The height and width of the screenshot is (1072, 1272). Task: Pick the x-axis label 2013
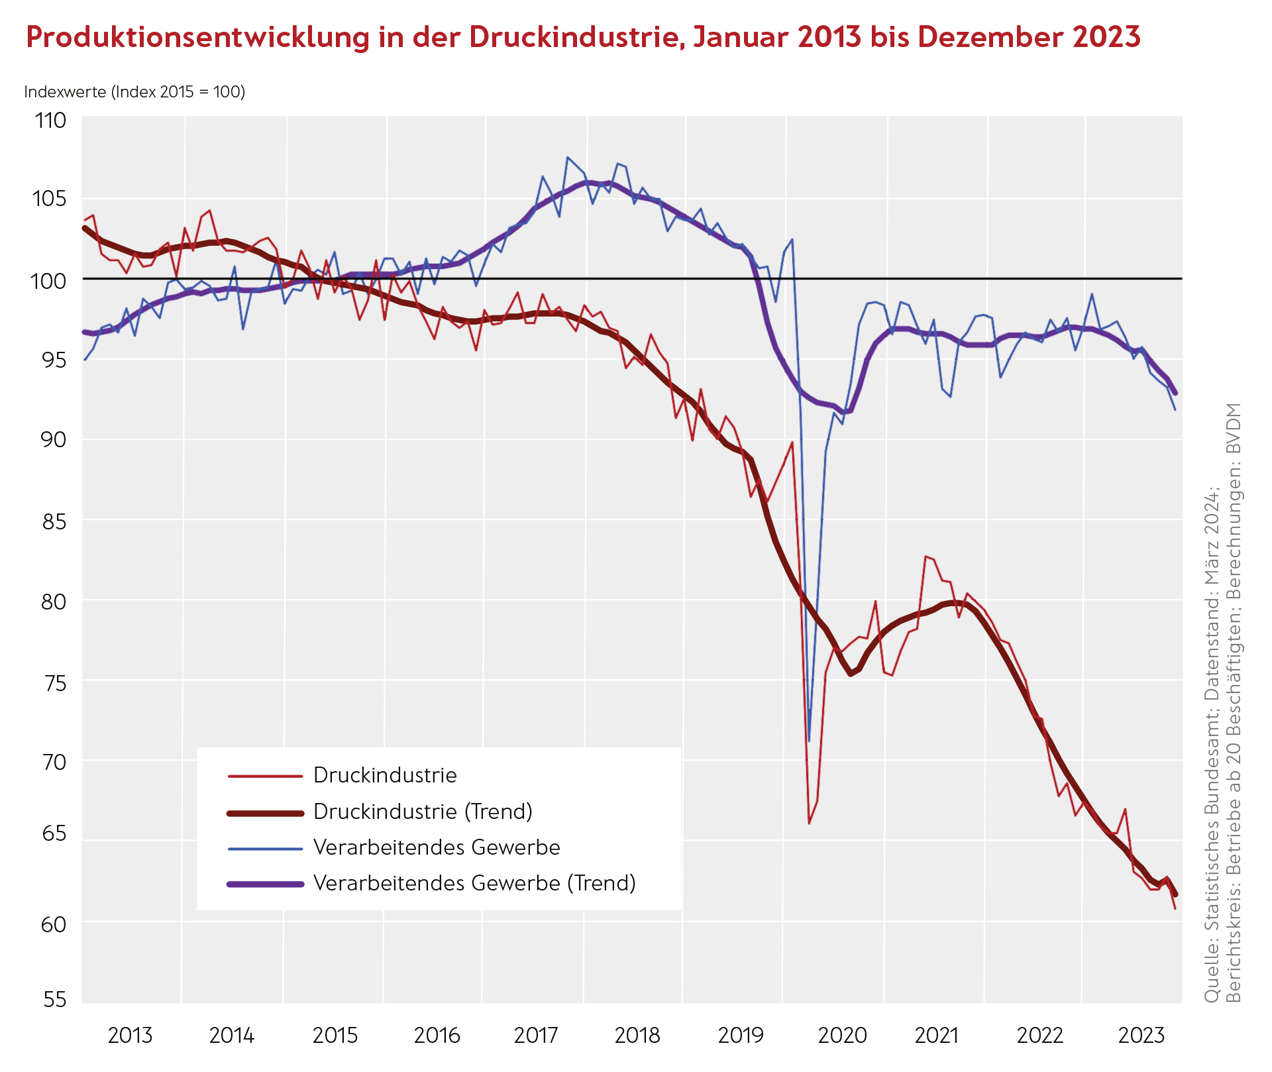(x=130, y=1035)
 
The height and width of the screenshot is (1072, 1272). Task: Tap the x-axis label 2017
(x=537, y=1035)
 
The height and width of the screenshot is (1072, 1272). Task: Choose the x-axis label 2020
(x=843, y=1035)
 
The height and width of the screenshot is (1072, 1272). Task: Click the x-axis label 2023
(x=1141, y=1035)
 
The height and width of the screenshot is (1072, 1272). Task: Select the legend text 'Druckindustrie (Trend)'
(x=423, y=812)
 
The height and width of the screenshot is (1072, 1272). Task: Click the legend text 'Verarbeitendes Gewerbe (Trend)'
(x=474, y=883)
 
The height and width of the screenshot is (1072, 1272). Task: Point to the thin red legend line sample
(x=265, y=776)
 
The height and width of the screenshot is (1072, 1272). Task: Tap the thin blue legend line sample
(x=265, y=848)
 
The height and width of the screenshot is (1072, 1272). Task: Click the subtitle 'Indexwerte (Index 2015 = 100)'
(x=134, y=91)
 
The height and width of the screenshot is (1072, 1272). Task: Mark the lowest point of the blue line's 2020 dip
(x=809, y=741)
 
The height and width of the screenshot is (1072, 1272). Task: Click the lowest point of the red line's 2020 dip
(x=809, y=823)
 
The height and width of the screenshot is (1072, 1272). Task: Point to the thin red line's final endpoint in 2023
(x=1175, y=908)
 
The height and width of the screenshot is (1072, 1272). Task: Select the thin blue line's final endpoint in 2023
(x=1175, y=409)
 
